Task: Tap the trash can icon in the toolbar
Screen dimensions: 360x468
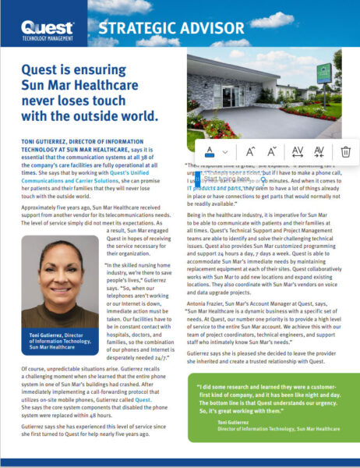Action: [x=345, y=151]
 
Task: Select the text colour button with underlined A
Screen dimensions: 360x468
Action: [x=209, y=151]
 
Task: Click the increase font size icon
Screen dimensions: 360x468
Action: [x=250, y=151]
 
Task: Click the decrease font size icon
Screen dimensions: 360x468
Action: [x=272, y=151]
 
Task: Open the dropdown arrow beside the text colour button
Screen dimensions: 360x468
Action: [x=225, y=151]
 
